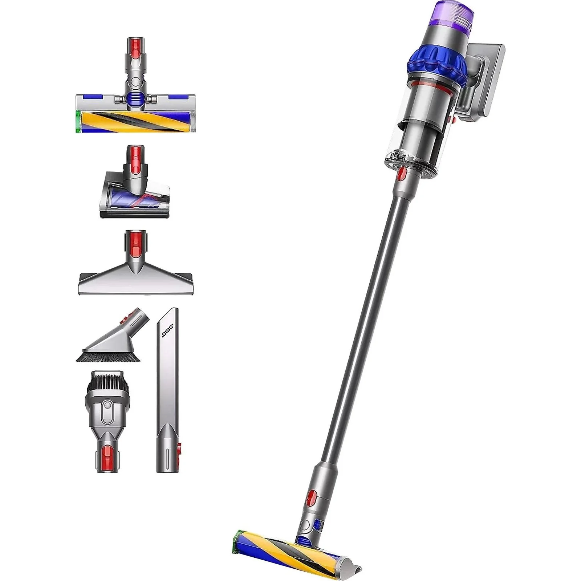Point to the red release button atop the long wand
tap(402, 174)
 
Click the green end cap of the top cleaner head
tap(78, 122)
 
